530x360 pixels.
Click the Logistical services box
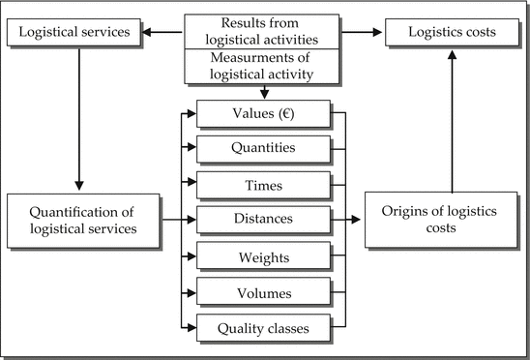(73, 33)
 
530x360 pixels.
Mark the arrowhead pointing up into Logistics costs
(450, 55)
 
